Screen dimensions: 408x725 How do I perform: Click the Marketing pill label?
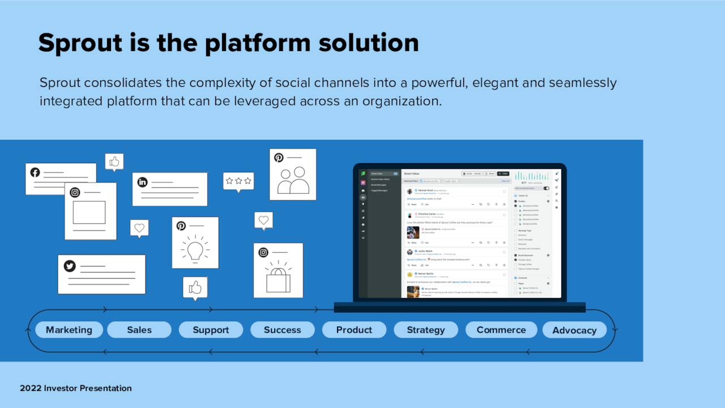69,330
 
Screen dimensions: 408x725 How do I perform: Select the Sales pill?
139,330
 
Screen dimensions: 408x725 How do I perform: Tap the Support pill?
211,330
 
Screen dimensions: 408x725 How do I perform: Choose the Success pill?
282,330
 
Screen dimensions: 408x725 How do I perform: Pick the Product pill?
354,330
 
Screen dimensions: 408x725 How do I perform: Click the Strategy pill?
425,330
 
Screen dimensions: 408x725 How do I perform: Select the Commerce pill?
501,330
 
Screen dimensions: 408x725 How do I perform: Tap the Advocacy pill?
574,330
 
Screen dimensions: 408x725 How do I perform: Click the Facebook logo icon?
35,172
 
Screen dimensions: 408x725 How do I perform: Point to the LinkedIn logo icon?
142,182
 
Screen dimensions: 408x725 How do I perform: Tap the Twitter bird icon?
70,266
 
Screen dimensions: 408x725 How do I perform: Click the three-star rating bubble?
238,181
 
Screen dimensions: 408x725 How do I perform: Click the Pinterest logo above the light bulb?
181,226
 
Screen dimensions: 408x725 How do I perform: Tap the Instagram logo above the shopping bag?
263,252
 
